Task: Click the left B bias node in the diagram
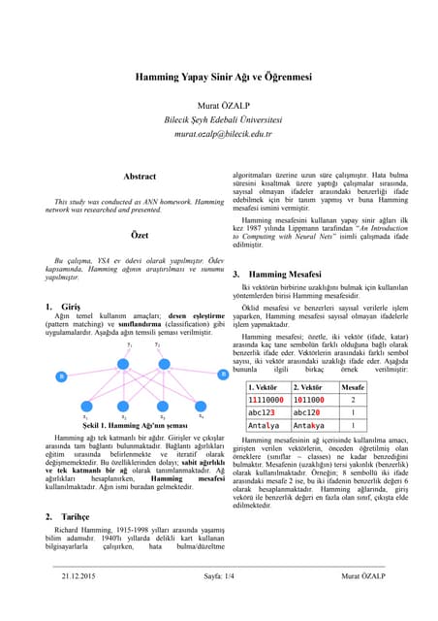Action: (x=61, y=376)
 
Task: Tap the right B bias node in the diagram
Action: (x=223, y=373)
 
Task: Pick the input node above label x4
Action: (x=201, y=407)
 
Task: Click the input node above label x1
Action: (x=85, y=407)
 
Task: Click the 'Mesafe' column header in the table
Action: (x=353, y=386)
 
